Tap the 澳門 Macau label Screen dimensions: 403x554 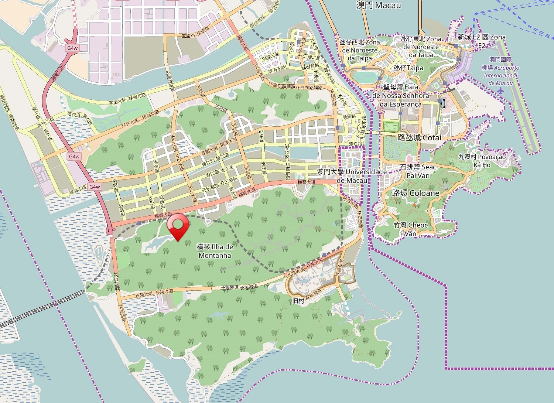[x=378, y=5]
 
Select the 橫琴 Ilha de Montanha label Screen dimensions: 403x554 [x=215, y=251]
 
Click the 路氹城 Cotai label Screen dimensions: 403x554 [x=419, y=137]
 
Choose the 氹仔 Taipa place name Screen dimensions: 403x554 [x=408, y=68]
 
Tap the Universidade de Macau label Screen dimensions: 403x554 [x=352, y=176]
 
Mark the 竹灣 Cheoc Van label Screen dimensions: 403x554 [x=410, y=229]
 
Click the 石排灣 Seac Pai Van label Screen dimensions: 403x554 [x=418, y=171]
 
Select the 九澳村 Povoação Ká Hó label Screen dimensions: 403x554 [x=482, y=161]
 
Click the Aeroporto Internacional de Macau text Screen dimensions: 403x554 [x=500, y=71]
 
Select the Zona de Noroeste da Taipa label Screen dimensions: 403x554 [x=360, y=50]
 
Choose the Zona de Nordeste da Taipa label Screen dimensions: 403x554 [x=421, y=47]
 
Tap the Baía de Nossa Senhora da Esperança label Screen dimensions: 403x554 [x=401, y=96]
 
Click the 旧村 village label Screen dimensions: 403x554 [x=298, y=301]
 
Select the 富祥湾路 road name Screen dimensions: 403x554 [x=313, y=294]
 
